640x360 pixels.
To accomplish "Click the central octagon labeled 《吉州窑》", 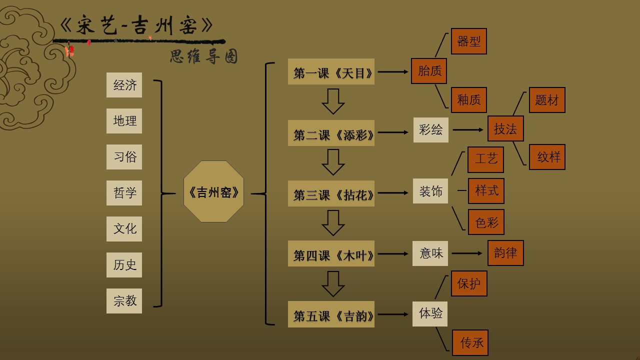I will click(x=213, y=191).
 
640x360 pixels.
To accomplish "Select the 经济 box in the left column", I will click(x=124, y=85).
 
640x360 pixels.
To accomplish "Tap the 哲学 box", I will click(x=124, y=193).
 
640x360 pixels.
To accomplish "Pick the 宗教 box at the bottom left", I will click(x=124, y=301).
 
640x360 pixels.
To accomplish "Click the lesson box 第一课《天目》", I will click(x=331, y=72).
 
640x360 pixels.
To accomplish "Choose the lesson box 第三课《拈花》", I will click(x=331, y=194).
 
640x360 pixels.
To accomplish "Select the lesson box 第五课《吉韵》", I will click(x=331, y=315).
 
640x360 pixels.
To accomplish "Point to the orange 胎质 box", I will click(x=429, y=71).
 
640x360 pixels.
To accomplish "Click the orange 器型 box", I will click(x=468, y=41).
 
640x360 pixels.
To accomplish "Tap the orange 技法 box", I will click(x=505, y=129).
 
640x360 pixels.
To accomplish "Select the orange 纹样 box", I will click(x=547, y=157).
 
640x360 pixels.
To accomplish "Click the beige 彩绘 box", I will click(x=430, y=130).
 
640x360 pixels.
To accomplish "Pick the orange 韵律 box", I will click(x=505, y=253).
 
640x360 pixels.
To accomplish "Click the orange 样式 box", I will click(x=486, y=191).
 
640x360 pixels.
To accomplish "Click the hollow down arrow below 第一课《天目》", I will click(x=333, y=101).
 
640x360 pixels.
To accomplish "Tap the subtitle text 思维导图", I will click(x=203, y=56).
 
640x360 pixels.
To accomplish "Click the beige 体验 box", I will click(x=430, y=313).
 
